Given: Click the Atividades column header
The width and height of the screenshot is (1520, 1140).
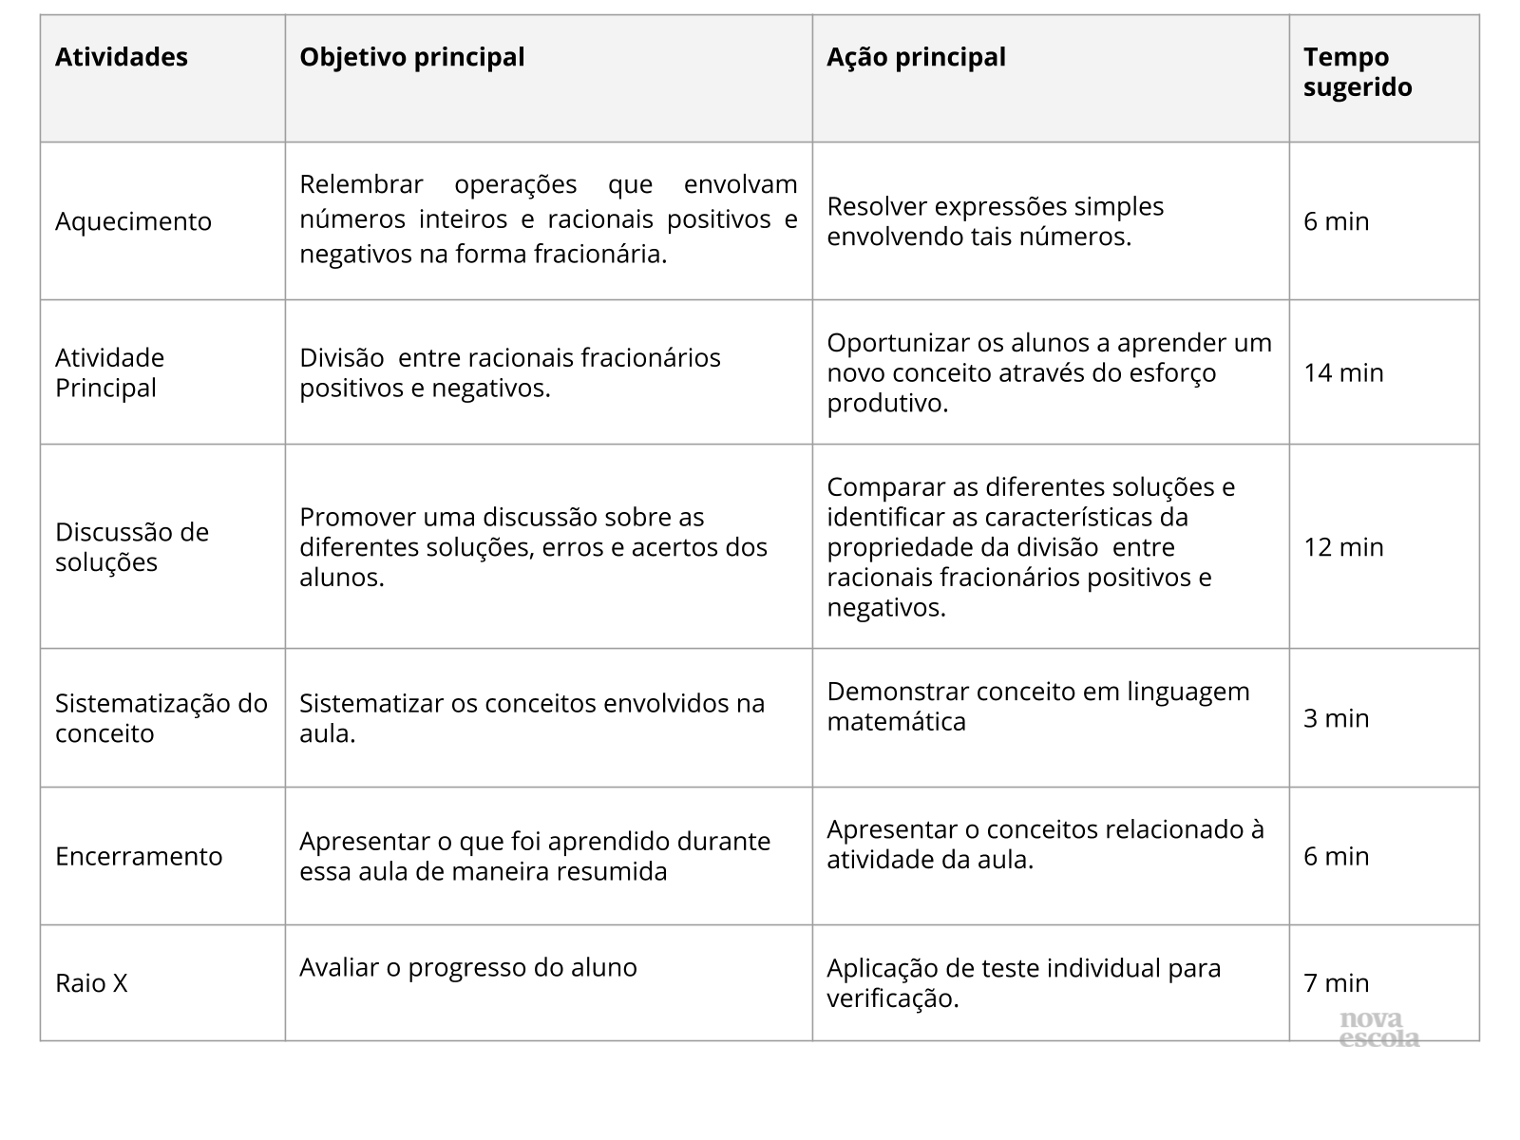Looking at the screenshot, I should pos(122,57).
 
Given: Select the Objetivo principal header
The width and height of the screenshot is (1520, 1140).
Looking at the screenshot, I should pos(411,57).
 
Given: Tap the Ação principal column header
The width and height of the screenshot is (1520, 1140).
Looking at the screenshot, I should pos(915,57).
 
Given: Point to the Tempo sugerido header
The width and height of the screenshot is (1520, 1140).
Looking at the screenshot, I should pos(1357,72).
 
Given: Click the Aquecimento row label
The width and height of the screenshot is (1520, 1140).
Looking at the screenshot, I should pos(133,221).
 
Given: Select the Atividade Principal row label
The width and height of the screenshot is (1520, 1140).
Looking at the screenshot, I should pos(109,372).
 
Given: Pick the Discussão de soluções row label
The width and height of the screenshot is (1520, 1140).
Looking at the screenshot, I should pos(131,547).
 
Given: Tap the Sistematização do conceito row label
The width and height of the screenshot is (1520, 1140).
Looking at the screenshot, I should pos(161,718).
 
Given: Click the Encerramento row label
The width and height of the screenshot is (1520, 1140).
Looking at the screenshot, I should pos(139,856).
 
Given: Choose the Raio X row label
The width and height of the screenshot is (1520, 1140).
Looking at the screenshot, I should pos(91,982).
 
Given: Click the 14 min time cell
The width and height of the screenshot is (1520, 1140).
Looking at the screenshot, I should pos(1343,372).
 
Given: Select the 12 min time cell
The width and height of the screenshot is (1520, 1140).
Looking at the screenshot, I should pos(1343,547).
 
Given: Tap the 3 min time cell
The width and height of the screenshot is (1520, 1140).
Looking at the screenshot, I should pos(1336,718).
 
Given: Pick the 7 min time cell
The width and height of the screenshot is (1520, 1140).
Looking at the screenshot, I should pos(1336,982).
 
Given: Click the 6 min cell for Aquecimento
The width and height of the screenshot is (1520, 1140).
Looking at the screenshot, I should pos(1336,221).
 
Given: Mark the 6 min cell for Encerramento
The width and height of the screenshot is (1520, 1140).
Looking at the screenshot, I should pos(1336,856).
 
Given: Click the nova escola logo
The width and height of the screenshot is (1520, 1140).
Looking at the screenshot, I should pos(1378,1030).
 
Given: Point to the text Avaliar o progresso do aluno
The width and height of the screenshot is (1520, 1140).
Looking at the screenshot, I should pos(467,967).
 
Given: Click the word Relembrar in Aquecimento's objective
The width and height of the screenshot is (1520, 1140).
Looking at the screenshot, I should pos(361,184).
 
